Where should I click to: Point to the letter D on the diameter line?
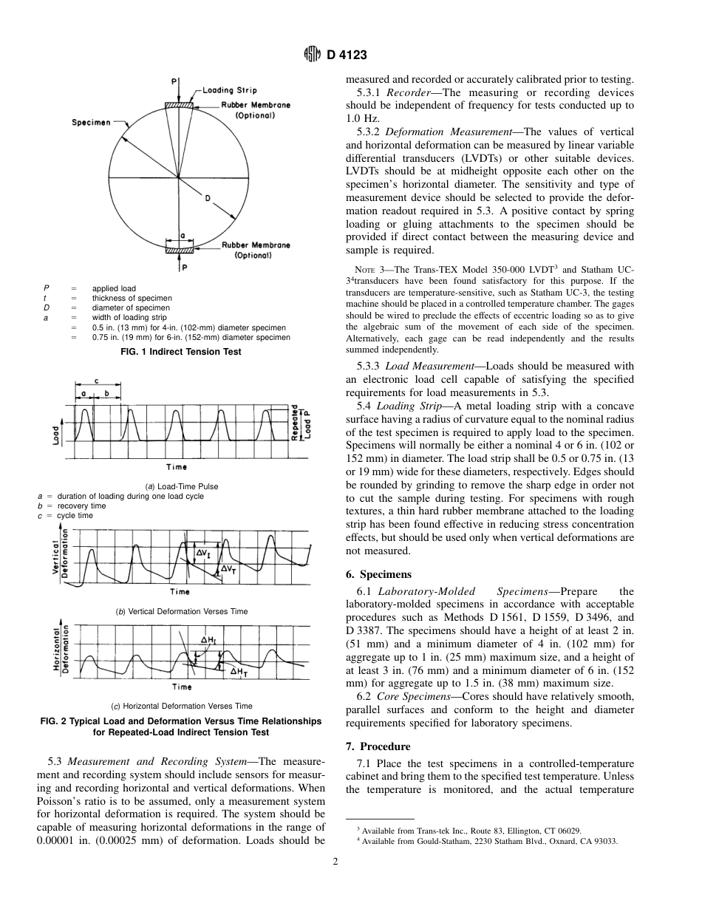pos(208,198)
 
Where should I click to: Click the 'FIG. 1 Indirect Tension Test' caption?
pos(181,352)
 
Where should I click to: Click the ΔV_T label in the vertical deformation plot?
pos(229,569)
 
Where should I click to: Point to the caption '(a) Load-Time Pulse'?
pos(181,486)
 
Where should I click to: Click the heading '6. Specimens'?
pos(379,574)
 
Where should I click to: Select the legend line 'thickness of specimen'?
pos(132,298)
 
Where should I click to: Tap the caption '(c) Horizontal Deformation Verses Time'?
pos(181,706)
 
